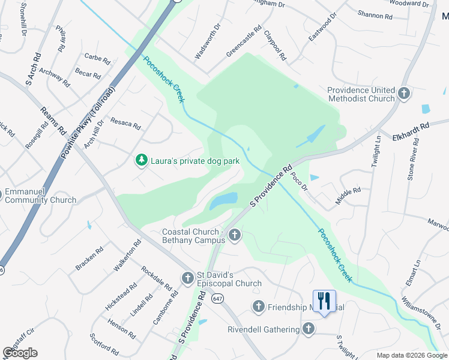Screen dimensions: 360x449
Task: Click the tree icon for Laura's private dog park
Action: pyautogui.click(x=142, y=160)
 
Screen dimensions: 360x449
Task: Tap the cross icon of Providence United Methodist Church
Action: pyautogui.click(x=404, y=94)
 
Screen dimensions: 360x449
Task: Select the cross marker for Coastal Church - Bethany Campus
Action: pyautogui.click(x=235, y=235)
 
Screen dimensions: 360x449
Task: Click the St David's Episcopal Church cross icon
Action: pyautogui.click(x=187, y=278)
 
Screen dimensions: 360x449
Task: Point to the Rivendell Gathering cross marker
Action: pyautogui.click(x=309, y=329)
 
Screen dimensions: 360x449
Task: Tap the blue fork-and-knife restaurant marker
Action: pyautogui.click(x=324, y=301)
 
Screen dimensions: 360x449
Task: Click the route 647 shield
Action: pyautogui.click(x=217, y=298)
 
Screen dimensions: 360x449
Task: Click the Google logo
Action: pyautogui.click(x=20, y=353)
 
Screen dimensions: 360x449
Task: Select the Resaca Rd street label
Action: pyautogui.click(x=125, y=127)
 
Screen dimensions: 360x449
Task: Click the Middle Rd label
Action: pyautogui.click(x=348, y=196)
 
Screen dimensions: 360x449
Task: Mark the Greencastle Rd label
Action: pyautogui.click(x=244, y=41)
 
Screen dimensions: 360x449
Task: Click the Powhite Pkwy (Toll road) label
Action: pyautogui.click(x=88, y=124)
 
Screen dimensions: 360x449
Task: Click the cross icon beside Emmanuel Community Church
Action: pyautogui.click(x=1, y=192)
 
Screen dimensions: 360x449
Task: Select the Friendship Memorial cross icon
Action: pyautogui.click(x=259, y=307)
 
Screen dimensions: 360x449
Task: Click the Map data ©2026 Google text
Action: pyautogui.click(x=412, y=355)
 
